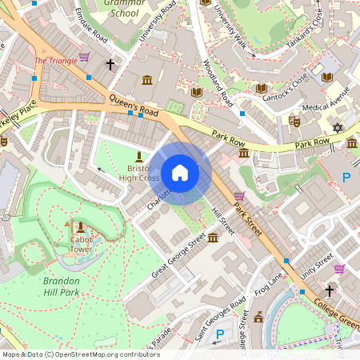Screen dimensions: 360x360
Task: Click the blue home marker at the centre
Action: click(180, 173)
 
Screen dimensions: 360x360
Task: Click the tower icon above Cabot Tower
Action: click(79, 227)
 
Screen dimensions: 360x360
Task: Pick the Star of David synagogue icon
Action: click(337, 127)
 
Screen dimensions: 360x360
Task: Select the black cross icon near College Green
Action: click(329, 290)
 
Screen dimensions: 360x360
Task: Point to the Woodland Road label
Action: click(218, 83)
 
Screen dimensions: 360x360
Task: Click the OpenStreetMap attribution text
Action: click(81, 354)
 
